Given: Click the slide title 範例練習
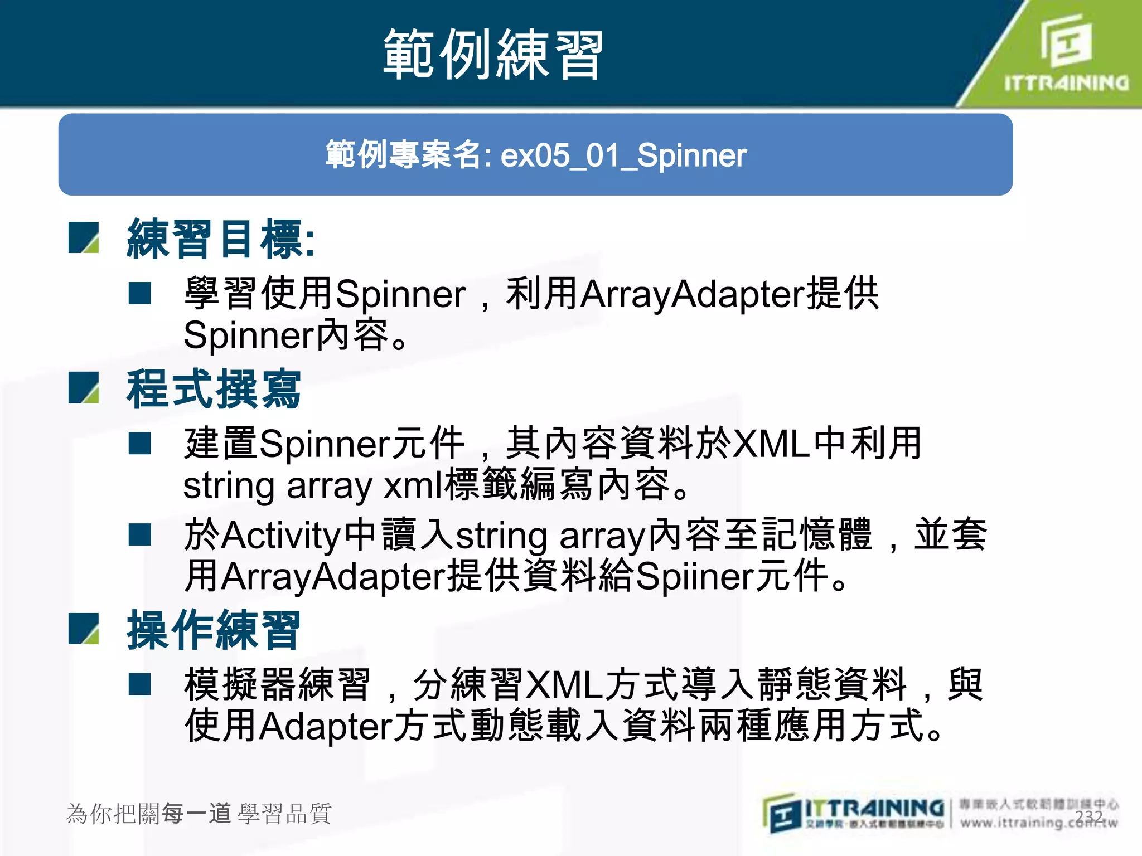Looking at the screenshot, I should pos(493,55).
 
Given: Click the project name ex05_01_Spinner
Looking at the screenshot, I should pos(623,155).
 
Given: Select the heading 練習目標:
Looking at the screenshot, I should pos(221,239).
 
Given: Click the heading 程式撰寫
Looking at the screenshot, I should pos(214,389).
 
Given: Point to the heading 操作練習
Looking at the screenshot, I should pos(214,630).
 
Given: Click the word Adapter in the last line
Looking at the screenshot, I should pos(326,726).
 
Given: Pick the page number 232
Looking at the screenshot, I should pos(1088,816).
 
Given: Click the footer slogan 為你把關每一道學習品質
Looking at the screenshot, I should pos(199,814).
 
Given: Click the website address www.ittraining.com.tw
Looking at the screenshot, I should pos(1038,823).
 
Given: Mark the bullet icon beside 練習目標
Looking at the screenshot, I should pos(84,238).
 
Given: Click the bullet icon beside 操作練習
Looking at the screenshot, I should pos(84,629).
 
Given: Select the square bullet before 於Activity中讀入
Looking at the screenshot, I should pos(140,534).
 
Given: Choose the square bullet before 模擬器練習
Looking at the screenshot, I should pos(140,684).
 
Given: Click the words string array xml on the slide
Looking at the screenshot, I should pos(313,486).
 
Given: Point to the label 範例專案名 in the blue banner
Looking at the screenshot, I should pos(404,155).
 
